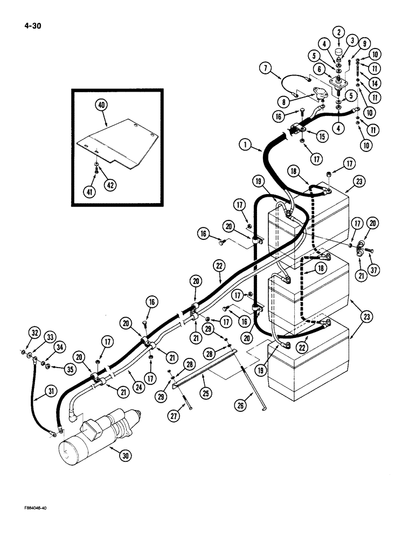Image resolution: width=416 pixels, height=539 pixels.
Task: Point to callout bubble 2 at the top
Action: coord(339,33)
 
